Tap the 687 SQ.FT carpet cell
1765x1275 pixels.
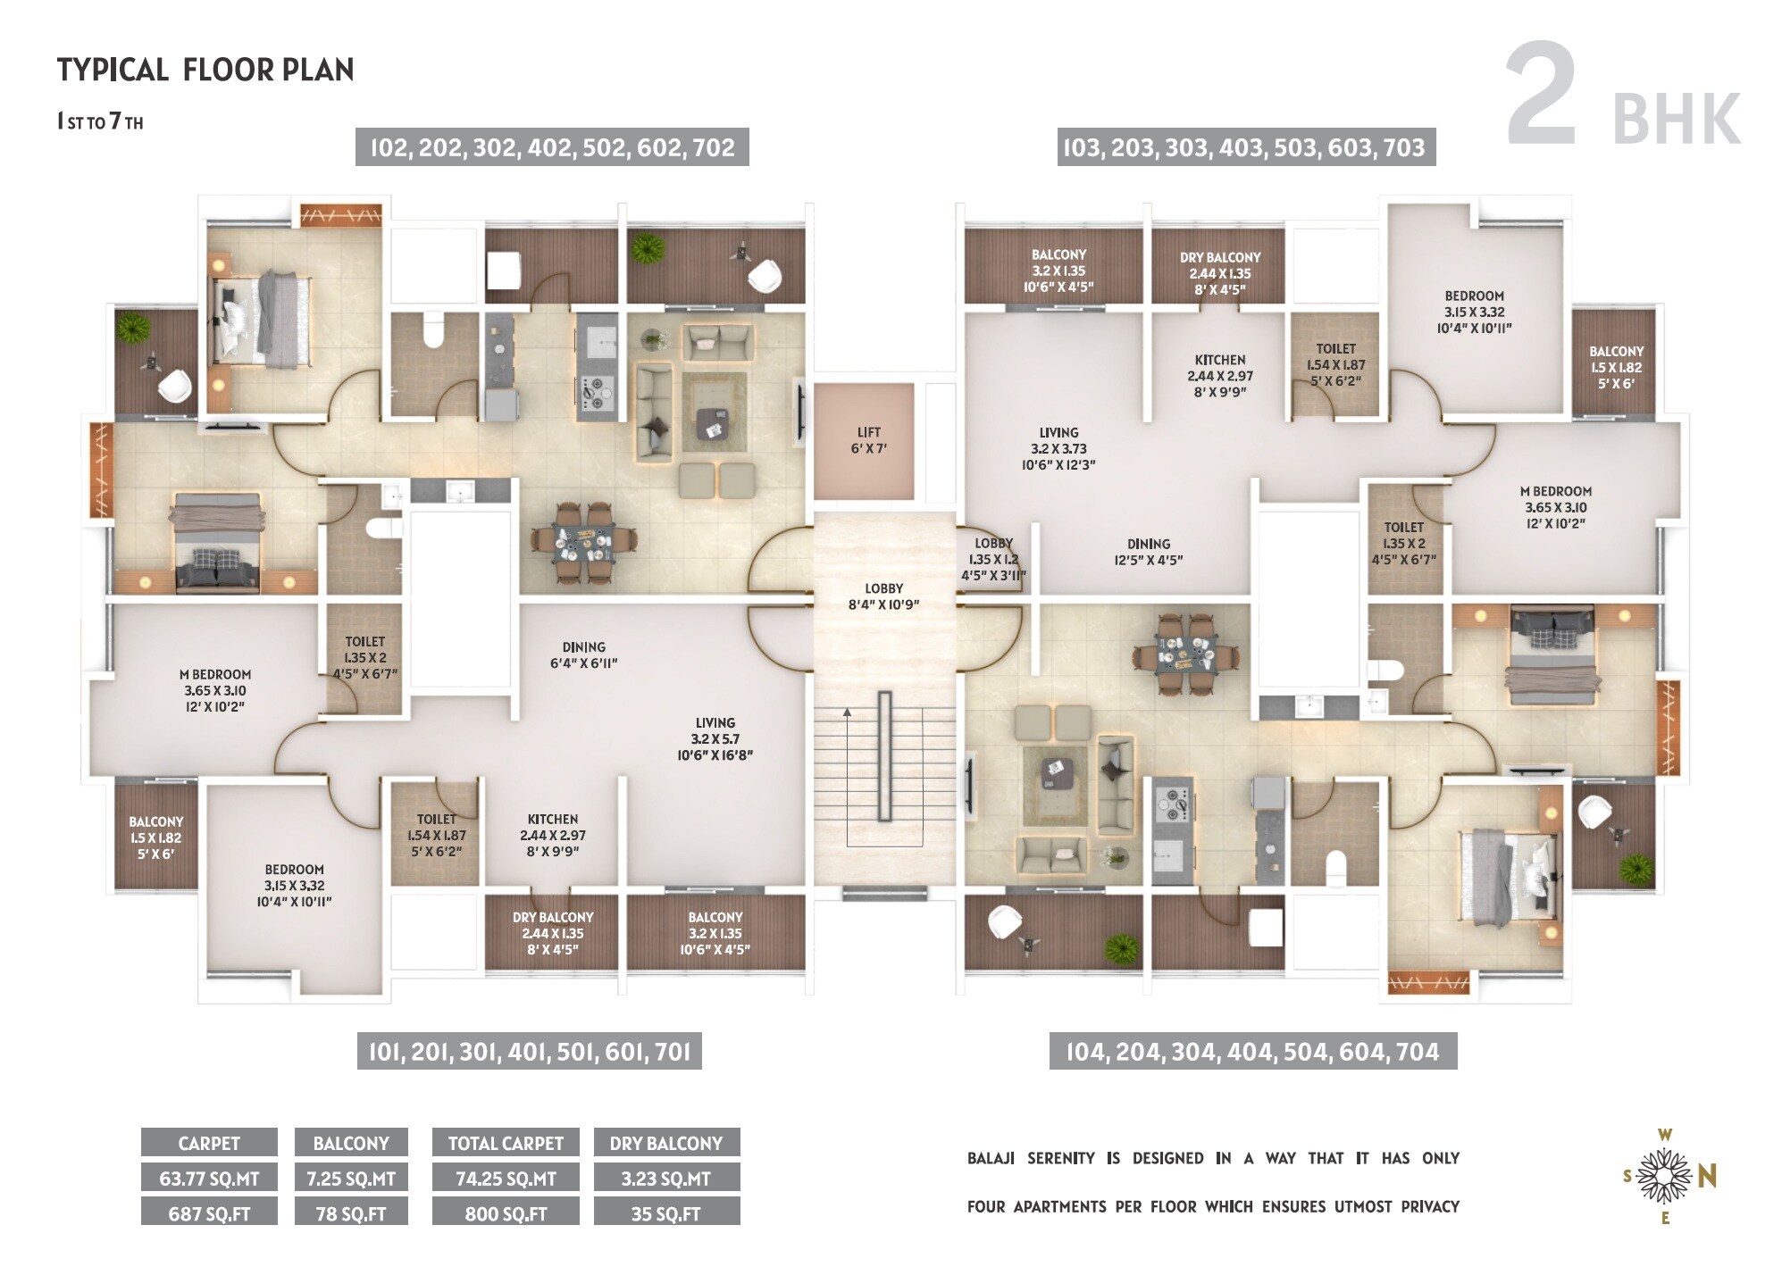[x=209, y=1213]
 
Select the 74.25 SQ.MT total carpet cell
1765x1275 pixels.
[x=506, y=1179]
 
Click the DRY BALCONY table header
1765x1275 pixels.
[x=666, y=1143]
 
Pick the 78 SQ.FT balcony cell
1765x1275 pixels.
[x=351, y=1213]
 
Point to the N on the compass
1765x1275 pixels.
[x=1707, y=1178]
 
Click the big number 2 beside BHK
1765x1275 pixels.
[x=1542, y=95]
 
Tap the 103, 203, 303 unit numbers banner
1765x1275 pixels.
[x=1247, y=147]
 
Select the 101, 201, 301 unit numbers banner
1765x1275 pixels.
[x=530, y=1052]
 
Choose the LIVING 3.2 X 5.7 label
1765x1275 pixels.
[x=715, y=738]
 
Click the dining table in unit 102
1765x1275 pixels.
[x=584, y=543]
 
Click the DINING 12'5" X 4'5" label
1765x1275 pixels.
[x=1149, y=552]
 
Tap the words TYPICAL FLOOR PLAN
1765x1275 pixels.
[x=205, y=70]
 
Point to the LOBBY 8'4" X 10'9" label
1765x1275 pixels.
[x=883, y=596]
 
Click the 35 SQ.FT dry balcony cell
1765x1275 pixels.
[x=666, y=1213]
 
